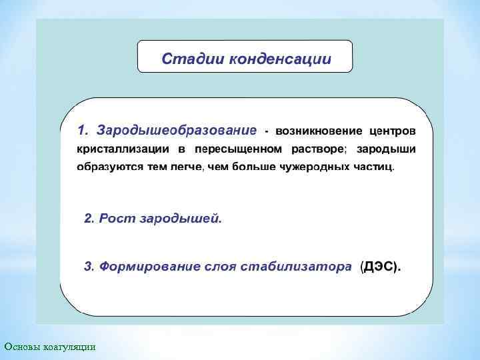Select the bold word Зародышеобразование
tap(176, 128)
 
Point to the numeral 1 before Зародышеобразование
tap(82, 128)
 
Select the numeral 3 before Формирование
tap(87, 267)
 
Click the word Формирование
tap(150, 267)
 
